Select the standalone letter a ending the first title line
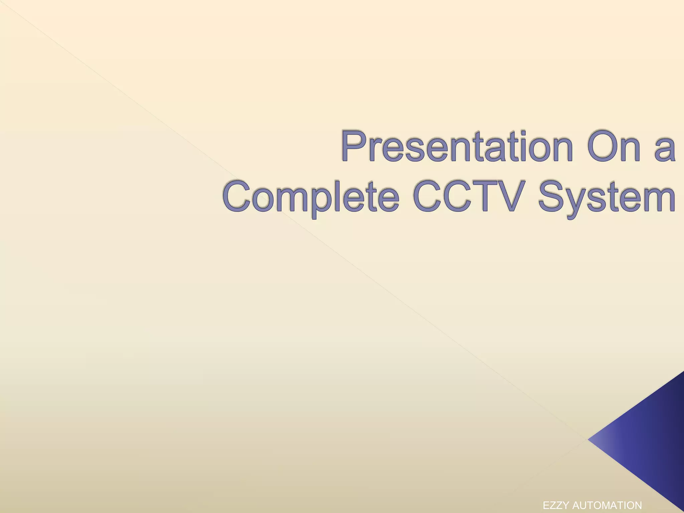(x=664, y=149)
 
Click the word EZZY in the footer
(x=556, y=505)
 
